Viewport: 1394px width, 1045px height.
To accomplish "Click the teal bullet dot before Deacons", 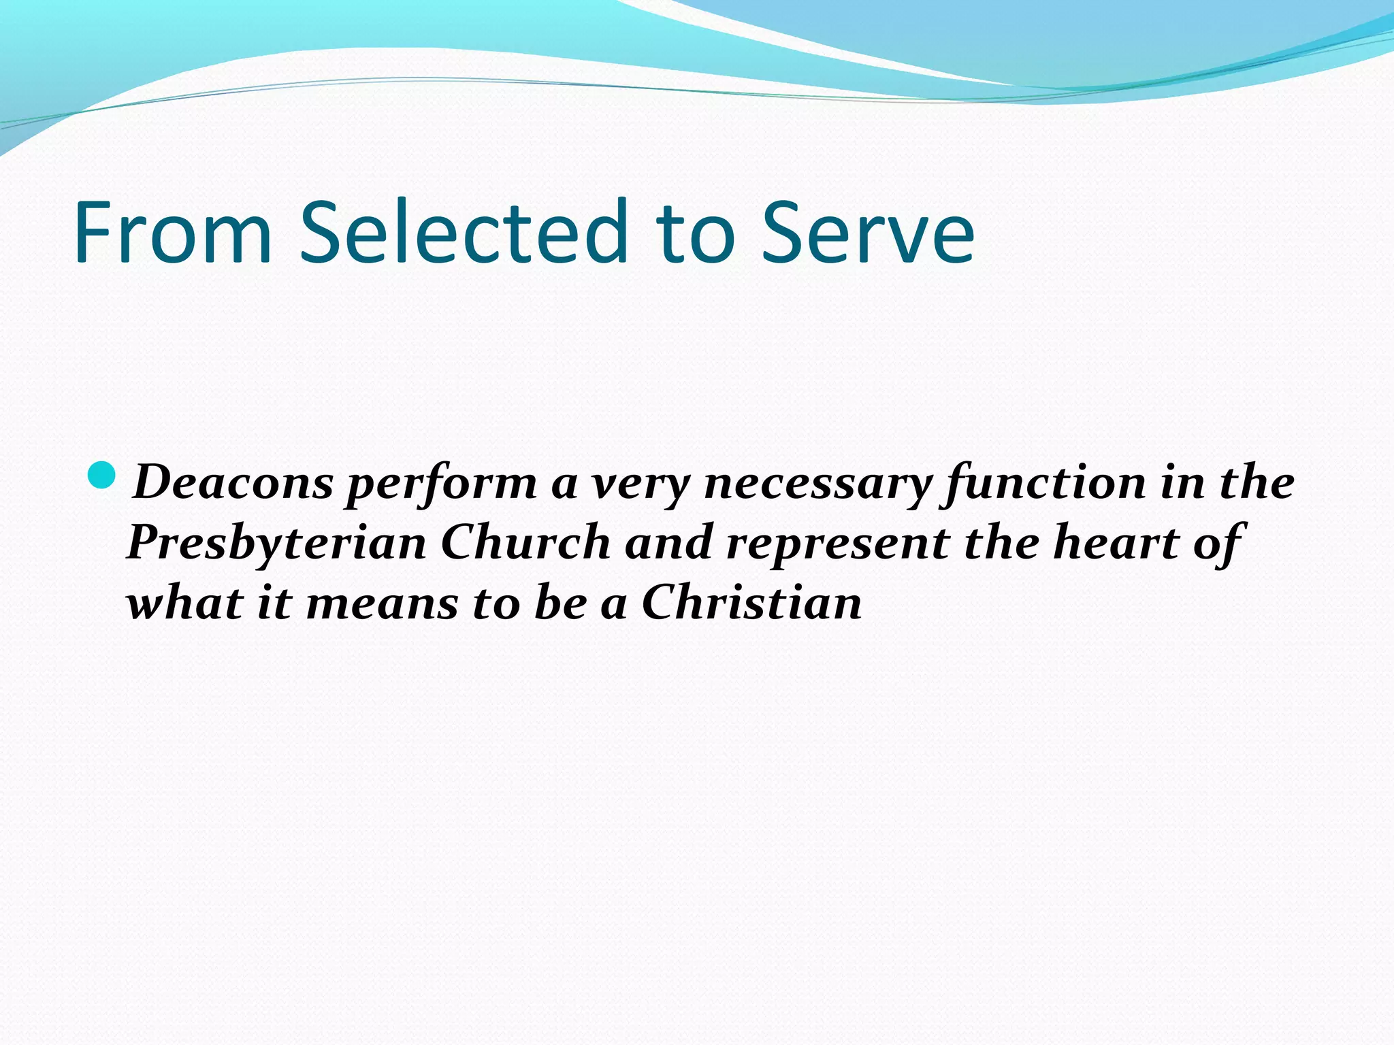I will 103,475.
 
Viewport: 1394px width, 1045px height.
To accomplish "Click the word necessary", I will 817,484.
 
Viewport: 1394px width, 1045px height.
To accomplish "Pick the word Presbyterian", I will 276,544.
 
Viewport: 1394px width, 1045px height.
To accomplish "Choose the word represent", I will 838,544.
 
